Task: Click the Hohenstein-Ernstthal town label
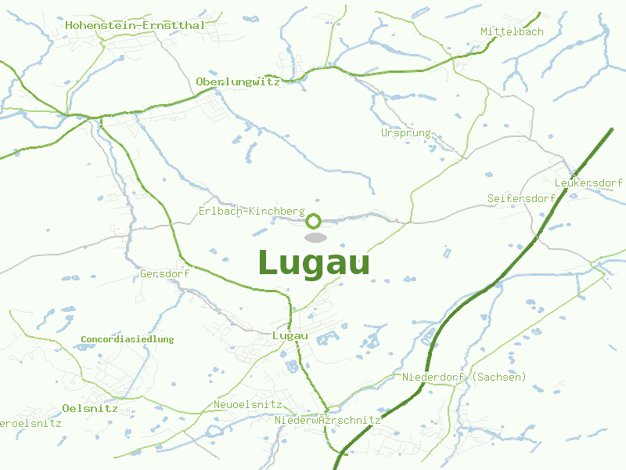click(135, 25)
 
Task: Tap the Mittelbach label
click(512, 31)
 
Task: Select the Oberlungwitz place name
click(238, 81)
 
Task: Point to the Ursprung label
click(406, 132)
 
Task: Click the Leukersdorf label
click(588, 183)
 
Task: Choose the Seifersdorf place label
click(521, 198)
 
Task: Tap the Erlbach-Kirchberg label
click(251, 211)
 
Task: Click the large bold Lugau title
click(313, 262)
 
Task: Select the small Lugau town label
click(290, 336)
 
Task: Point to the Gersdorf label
click(165, 274)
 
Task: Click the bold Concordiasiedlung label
click(127, 339)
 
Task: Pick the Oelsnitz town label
click(90, 408)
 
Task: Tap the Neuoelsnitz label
click(247, 405)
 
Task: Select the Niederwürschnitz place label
click(327, 421)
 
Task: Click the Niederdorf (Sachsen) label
click(464, 378)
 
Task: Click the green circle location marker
click(314, 221)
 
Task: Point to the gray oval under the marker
click(315, 237)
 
